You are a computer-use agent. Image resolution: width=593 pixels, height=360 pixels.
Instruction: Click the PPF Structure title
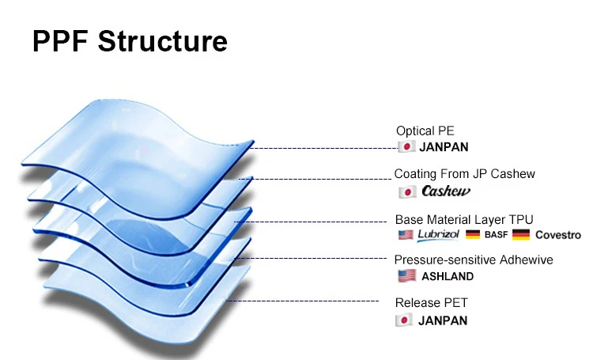(130, 41)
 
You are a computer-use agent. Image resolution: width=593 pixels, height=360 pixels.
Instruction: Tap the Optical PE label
(425, 131)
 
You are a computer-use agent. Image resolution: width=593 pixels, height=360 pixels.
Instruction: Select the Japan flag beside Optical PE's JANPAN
(406, 146)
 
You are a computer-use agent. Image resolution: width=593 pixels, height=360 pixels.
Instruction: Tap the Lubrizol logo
(439, 235)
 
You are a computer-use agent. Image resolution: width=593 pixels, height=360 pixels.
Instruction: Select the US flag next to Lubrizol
(406, 235)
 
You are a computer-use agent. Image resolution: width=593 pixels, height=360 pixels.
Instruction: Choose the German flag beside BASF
(474, 235)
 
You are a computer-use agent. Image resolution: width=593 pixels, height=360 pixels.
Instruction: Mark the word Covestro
(557, 235)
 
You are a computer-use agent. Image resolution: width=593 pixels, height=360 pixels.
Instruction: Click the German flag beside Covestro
(521, 235)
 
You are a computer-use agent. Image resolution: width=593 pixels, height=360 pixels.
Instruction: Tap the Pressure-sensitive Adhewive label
(474, 260)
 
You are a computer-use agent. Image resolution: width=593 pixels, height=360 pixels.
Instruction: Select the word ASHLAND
(448, 276)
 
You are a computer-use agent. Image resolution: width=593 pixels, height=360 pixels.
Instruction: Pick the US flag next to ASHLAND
(407, 276)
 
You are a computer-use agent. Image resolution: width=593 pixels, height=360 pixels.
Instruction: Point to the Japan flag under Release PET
(405, 320)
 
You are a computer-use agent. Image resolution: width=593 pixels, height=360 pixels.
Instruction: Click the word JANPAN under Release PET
(444, 320)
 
